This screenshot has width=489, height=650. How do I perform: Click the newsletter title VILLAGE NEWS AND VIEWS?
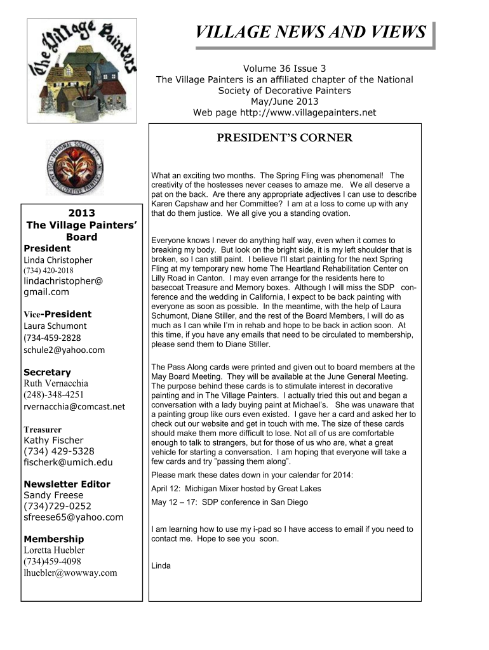[x=310, y=33]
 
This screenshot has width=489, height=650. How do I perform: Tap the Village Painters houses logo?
[x=83, y=70]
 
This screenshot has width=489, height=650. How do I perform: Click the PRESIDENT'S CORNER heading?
[x=284, y=138]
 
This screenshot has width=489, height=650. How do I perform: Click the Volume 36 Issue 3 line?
[x=285, y=69]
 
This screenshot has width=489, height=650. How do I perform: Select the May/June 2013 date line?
[x=285, y=102]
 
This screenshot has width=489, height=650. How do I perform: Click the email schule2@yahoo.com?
[x=64, y=350]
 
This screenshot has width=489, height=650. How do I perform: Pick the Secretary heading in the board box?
[x=47, y=372]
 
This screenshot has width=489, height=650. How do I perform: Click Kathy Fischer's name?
[x=53, y=440]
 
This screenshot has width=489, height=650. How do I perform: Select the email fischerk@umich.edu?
[x=68, y=463]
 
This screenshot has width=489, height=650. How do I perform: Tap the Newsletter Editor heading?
[x=67, y=484]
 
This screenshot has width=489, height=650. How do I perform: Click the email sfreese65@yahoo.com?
[x=73, y=517]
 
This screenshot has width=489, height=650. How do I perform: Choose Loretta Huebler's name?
[x=54, y=550]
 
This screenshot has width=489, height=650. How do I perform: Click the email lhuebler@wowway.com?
[x=70, y=573]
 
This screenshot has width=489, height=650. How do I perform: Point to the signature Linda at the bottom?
[x=161, y=565]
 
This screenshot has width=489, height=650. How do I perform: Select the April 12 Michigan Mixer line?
[x=236, y=489]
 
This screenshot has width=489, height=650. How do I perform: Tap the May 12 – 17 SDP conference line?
[x=229, y=502]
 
